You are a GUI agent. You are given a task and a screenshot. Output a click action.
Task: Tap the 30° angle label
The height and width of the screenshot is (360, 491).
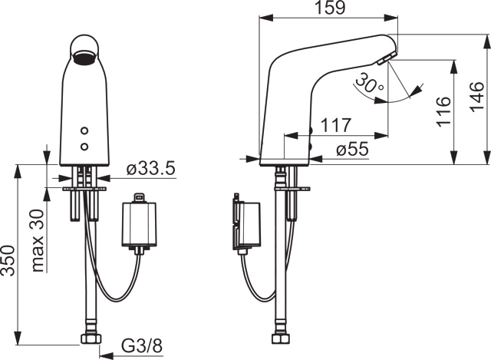(x=371, y=83)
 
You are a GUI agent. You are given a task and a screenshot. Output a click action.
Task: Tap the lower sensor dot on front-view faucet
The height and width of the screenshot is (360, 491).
(x=85, y=144)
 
